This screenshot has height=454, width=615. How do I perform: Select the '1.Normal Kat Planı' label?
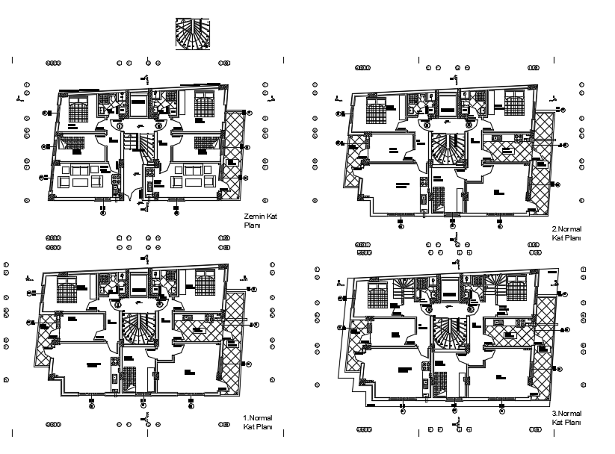[256, 423]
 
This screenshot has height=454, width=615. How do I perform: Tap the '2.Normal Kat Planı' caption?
[566, 233]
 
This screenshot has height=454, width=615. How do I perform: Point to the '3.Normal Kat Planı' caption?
[566, 418]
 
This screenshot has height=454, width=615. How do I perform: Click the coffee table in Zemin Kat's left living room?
[78, 181]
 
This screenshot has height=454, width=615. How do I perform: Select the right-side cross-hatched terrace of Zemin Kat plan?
[235, 153]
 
